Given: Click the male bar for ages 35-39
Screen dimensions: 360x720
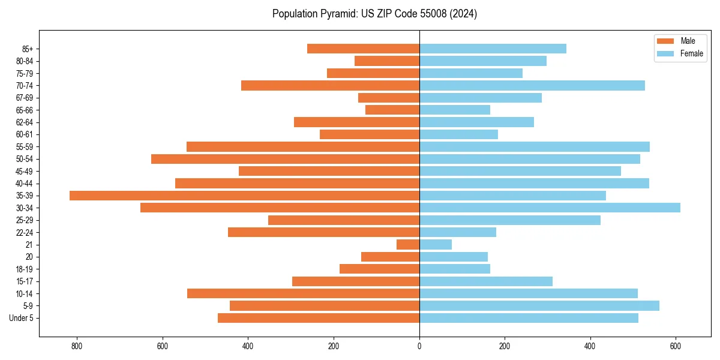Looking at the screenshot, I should point(244,196).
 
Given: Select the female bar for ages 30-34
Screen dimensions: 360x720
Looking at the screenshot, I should point(550,208).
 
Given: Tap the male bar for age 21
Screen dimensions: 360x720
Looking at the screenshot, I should point(408,245).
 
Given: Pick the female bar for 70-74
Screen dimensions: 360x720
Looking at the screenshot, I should point(532,86).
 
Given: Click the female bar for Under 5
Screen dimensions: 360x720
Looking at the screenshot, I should point(529,318).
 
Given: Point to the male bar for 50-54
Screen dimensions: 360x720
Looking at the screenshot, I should point(285,159).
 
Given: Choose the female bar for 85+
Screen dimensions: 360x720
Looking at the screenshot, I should point(493,49).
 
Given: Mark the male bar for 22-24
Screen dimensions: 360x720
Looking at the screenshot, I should point(323,232).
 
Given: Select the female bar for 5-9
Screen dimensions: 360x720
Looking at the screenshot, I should point(539,306).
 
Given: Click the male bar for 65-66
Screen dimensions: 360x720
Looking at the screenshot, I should point(392,110).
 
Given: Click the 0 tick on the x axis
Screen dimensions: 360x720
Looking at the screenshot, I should point(419,346).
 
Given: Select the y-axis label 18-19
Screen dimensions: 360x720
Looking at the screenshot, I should point(25,269).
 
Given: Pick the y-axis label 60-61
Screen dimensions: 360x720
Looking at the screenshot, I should point(25,134).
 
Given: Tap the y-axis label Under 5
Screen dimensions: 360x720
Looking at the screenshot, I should point(21,318).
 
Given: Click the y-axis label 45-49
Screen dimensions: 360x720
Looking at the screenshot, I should point(25,171).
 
